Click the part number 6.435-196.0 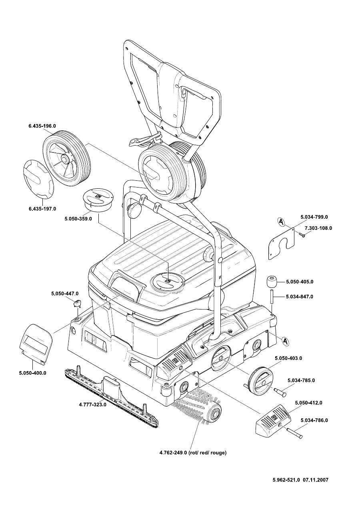pos(42,126)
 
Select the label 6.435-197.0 pos(42,209)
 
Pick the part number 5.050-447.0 pos(65,293)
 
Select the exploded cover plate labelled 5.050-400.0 pos(36,344)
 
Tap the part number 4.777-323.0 pos(92,404)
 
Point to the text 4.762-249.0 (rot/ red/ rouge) pos(193,453)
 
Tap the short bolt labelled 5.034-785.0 pos(279,393)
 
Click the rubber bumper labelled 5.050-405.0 pos(272,282)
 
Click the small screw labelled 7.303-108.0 pos(303,236)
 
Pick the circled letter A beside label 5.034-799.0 pos(281,221)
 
